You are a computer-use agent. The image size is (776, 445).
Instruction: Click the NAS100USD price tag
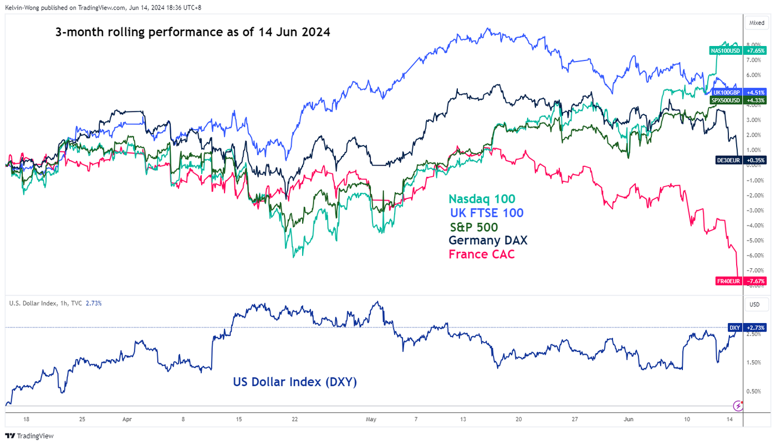pos(725,50)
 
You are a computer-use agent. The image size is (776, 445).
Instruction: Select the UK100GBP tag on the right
pos(726,93)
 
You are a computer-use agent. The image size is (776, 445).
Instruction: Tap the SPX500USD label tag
pos(726,100)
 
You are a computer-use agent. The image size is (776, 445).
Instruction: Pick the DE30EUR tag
pos(728,160)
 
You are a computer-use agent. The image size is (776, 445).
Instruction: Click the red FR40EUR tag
pos(728,282)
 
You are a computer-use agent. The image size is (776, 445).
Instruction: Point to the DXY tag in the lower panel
pos(734,328)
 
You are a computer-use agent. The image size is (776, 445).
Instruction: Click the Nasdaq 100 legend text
pos(482,199)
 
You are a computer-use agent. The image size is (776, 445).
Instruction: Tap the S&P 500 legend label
pos(474,227)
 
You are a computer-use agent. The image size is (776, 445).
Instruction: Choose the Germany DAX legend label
pos(488,241)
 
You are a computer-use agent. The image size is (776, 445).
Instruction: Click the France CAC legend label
pos(481,254)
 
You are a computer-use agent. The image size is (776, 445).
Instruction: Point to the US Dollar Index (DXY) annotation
pos(295,382)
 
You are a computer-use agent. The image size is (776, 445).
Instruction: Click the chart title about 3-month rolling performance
pos(193,32)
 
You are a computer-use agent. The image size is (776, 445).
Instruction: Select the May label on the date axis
pos(371,420)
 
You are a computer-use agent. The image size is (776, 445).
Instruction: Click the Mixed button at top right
pos(757,23)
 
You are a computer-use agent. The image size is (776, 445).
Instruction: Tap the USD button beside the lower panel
pos(755,305)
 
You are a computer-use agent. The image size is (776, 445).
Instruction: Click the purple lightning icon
pos(738,405)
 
